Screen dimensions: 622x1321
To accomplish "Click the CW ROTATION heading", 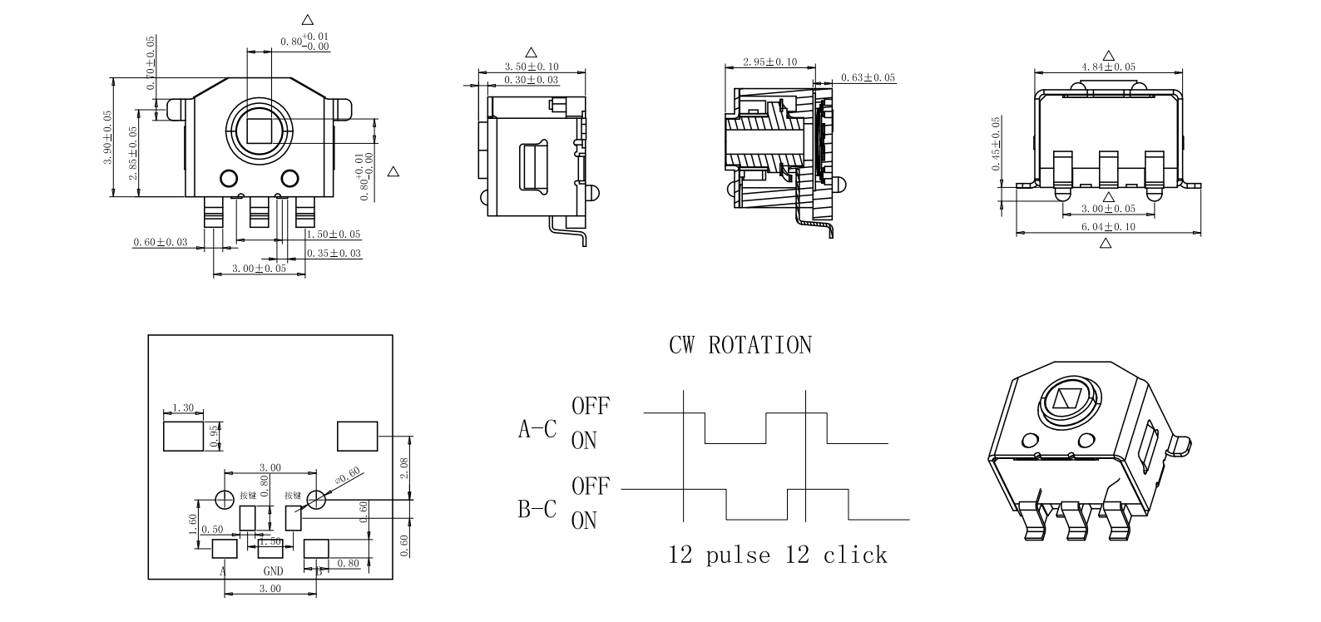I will pos(740,345).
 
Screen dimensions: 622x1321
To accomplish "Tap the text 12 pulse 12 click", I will pos(778,555).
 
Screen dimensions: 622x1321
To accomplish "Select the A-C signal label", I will pos(537,429).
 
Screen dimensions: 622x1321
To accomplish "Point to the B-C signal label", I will pos(537,509).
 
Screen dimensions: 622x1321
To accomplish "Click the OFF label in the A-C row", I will pos(590,406).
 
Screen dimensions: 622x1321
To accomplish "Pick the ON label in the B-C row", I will pos(584,521).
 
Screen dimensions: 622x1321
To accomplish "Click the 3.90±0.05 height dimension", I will pos(107,137).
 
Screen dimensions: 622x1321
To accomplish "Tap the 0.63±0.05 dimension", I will pos(868,77).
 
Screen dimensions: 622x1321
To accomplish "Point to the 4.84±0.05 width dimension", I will pos(1108,67).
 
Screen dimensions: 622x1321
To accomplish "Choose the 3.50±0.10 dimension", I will pos(532,67).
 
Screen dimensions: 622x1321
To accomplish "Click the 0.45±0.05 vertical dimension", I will pos(997,143).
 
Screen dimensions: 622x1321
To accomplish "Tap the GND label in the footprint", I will pos(273,570).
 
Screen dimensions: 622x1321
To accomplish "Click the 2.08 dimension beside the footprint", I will pos(404,467).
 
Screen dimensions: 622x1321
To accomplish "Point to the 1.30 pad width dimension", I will pos(182,407).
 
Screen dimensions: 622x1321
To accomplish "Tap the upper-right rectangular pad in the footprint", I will pos(357,436).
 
